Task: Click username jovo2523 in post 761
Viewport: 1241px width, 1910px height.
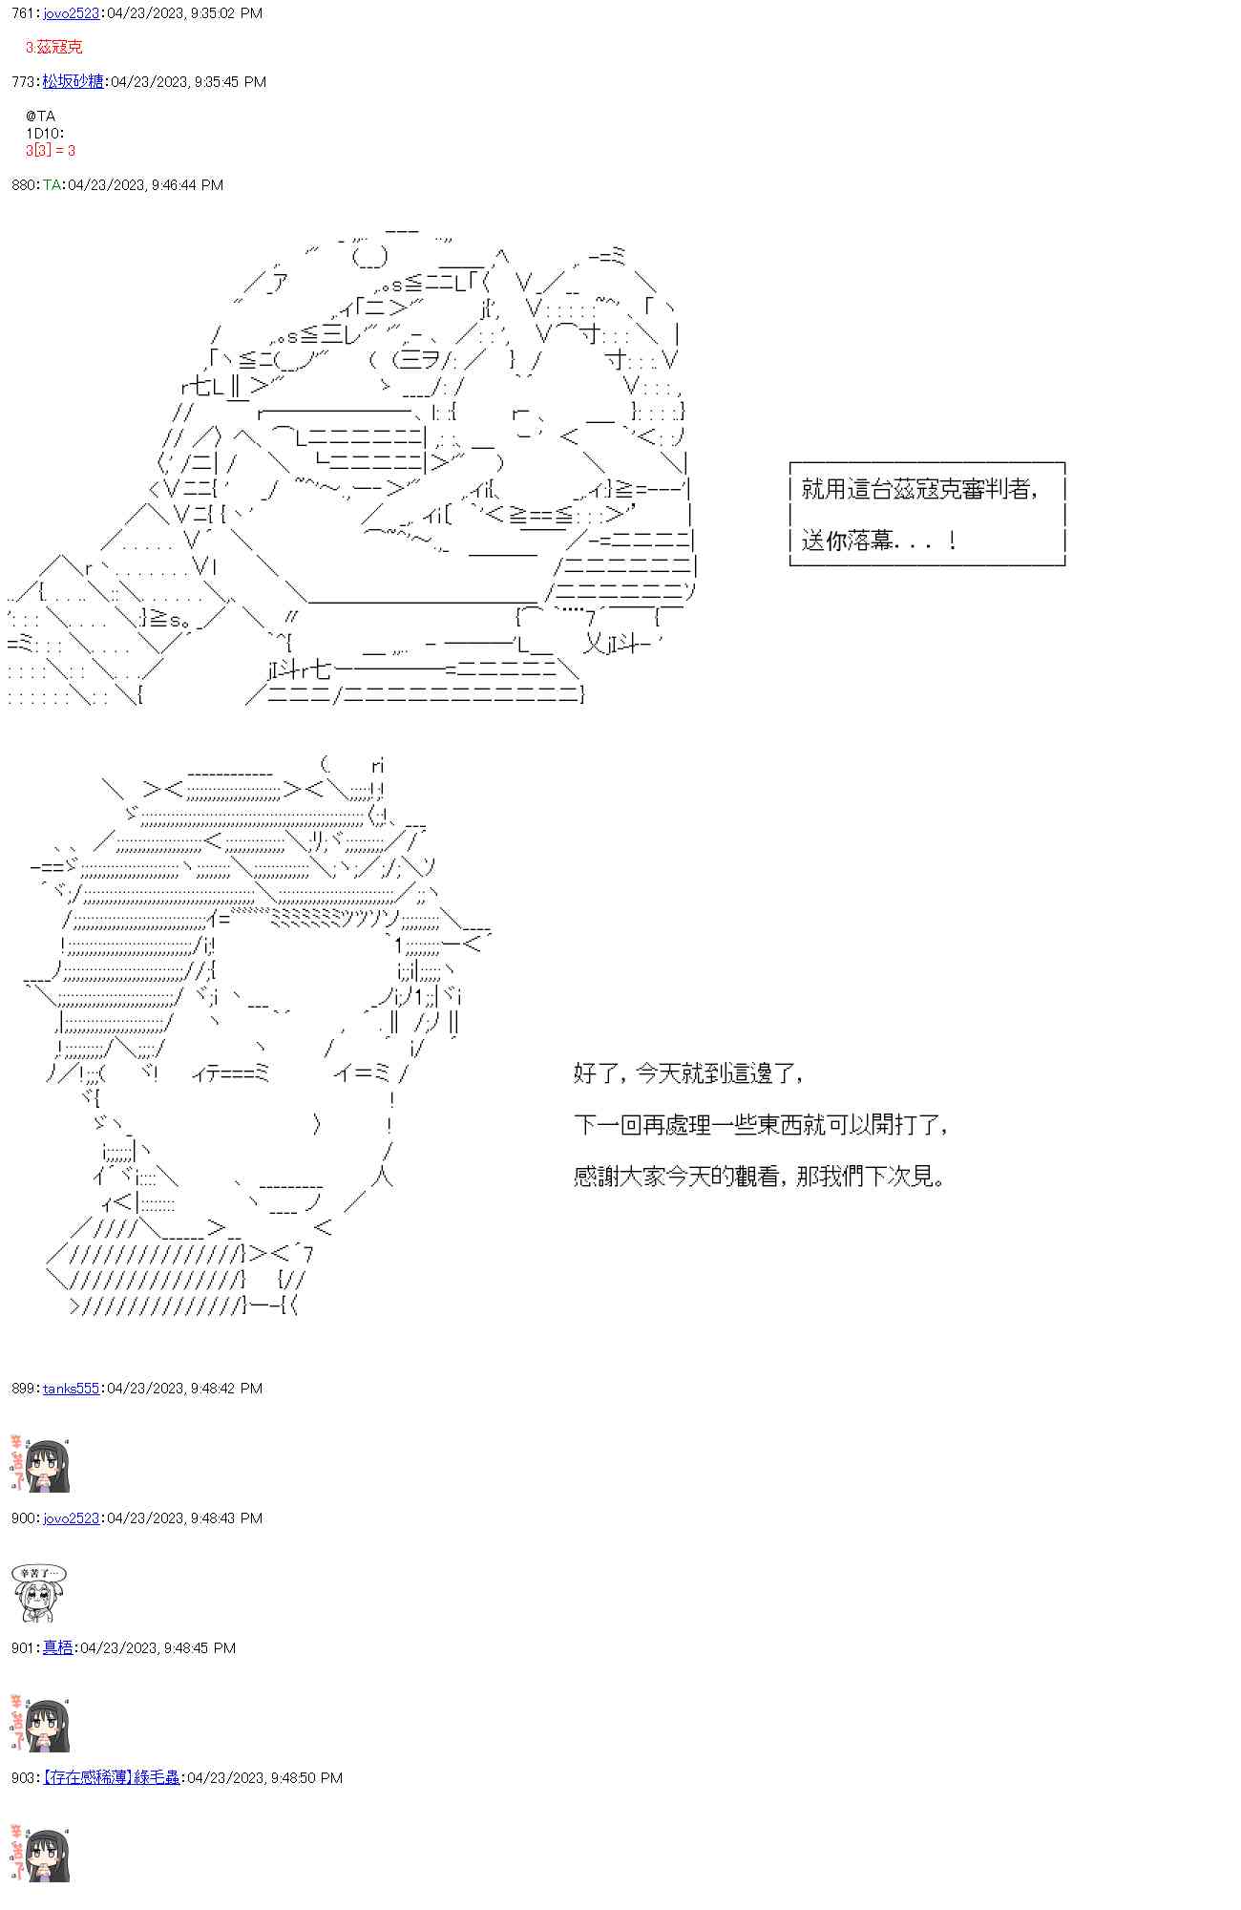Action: tap(71, 13)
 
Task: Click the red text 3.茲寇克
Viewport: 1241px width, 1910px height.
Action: tap(54, 47)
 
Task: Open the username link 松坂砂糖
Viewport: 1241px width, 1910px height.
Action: tap(73, 82)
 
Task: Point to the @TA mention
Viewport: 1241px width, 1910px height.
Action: tap(41, 117)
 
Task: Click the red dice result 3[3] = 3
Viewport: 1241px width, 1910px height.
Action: tap(51, 151)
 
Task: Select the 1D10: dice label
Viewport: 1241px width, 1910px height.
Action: tap(45, 134)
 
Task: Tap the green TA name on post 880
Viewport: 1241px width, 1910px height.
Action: tap(52, 185)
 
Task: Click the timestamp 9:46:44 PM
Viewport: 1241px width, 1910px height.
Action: tap(187, 185)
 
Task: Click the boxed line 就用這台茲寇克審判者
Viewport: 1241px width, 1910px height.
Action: tap(919, 490)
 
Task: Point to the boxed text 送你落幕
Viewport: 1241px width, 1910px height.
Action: tap(878, 541)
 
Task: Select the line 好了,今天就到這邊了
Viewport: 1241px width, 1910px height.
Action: tap(688, 1073)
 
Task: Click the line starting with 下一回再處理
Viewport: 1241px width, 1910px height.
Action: tap(761, 1125)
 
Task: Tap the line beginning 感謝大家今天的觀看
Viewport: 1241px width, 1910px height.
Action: tap(760, 1177)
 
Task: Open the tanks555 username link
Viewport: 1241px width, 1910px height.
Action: tap(71, 1389)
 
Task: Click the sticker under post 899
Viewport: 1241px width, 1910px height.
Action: tap(40, 1463)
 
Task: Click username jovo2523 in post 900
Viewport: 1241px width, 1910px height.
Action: tap(71, 1518)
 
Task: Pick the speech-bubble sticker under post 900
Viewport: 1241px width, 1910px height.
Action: tap(38, 1593)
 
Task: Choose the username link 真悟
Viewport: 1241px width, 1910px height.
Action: tap(57, 1648)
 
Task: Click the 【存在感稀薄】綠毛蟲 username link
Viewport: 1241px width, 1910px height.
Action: tap(112, 1778)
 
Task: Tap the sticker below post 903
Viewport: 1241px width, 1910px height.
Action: tap(40, 1853)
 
